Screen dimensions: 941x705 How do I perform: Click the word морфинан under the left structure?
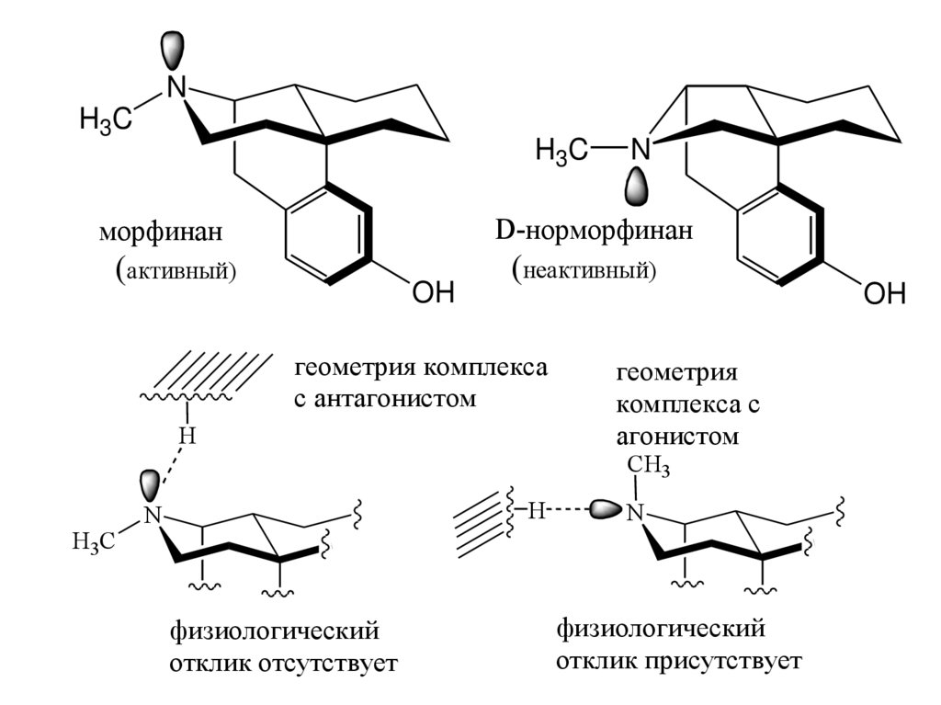point(160,233)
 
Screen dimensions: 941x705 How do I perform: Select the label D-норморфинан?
point(594,232)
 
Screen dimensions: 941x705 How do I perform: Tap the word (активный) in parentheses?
point(176,272)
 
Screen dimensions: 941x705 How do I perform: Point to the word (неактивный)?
point(584,271)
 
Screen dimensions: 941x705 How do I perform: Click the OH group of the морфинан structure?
point(433,293)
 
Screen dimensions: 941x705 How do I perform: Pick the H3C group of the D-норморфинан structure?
point(561,149)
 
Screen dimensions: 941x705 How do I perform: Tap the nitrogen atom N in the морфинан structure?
point(176,87)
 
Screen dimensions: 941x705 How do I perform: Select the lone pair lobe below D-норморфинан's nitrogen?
point(638,188)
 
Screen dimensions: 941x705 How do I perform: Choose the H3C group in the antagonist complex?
point(93,542)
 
